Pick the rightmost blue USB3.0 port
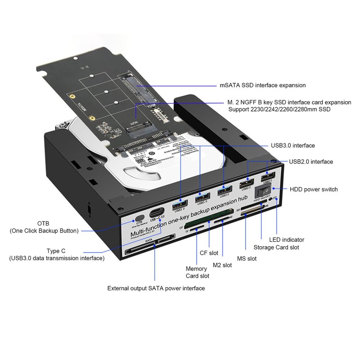pos(224,192)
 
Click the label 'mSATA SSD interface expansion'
pos(263,85)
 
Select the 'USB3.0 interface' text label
pos(292,145)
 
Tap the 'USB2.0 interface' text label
pos(311,162)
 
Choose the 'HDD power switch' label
pos(314,189)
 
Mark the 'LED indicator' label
pos(287,239)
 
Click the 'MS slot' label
pos(247,258)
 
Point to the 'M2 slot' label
pos(222,265)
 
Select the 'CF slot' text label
pos(209,253)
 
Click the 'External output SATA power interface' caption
pos(156,288)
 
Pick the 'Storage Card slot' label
pos(276,247)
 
